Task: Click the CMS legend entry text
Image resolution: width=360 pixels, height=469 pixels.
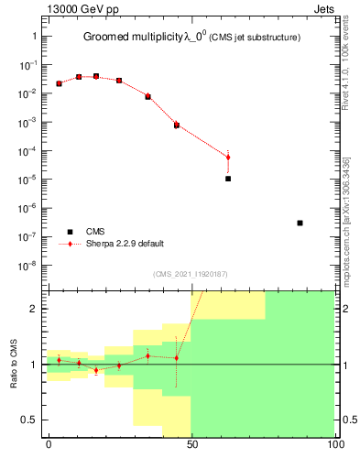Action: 96,232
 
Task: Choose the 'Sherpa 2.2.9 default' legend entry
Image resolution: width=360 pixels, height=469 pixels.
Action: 125,244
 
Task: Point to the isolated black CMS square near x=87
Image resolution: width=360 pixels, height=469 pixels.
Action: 300,223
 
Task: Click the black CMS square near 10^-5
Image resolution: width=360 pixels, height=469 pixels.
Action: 228,179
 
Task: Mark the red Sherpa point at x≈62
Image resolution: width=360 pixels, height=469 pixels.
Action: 228,158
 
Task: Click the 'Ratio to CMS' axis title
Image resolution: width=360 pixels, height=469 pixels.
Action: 15,364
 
